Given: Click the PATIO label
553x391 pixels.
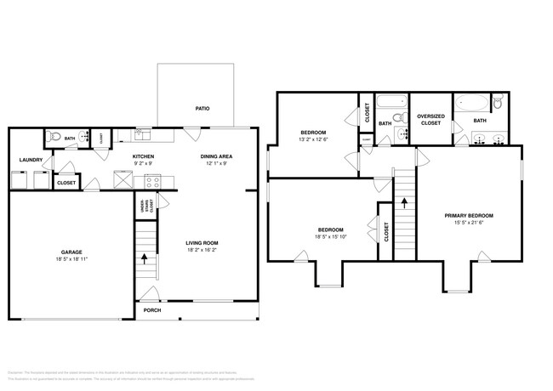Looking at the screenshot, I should click(202, 108).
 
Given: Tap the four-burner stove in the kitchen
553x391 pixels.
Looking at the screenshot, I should click(152, 181).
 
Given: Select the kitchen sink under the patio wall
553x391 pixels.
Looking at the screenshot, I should click(144, 134).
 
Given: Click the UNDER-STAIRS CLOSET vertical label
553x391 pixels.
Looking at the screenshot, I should click(141, 206).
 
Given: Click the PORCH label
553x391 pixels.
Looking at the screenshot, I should click(152, 310).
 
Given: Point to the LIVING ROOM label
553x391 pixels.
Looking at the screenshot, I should click(202, 244).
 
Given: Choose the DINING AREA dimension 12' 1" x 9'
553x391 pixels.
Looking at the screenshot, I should click(216, 164).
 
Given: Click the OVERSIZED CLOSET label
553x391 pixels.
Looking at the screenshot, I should click(430, 120).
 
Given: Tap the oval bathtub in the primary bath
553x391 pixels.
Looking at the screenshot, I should click(471, 105).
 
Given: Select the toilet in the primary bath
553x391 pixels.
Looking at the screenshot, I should click(499, 104).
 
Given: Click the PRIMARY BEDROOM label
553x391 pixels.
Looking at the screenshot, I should click(469, 216).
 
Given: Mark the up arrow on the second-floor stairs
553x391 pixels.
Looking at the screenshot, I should click(404, 204).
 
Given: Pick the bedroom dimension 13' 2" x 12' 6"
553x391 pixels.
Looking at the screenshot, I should click(314, 139).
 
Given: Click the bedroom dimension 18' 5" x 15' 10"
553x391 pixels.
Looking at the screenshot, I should click(330, 237).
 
